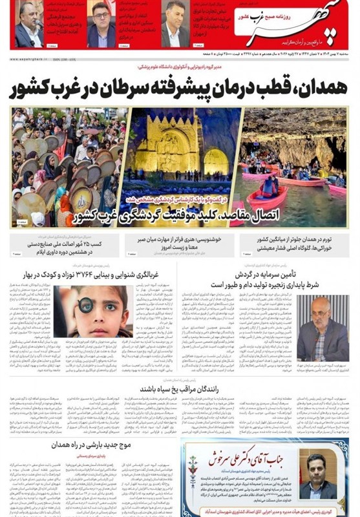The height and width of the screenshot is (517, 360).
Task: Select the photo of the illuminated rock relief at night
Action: [x=177, y=152]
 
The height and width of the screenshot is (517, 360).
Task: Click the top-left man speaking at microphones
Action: [x=26, y=26]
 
